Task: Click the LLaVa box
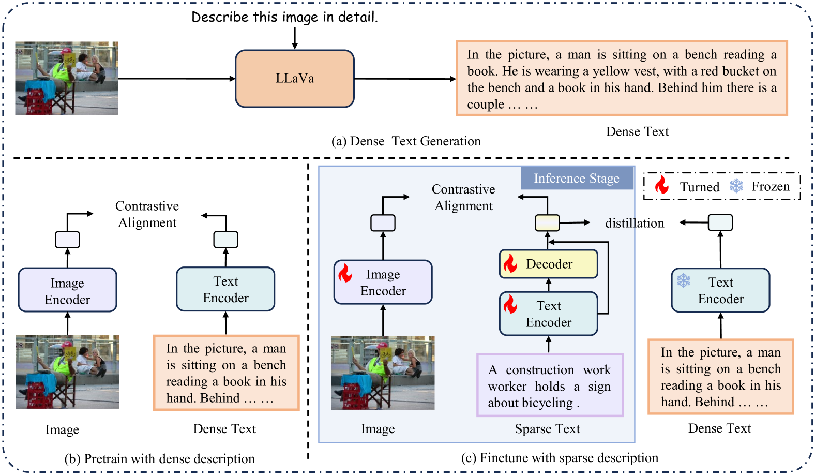click(294, 79)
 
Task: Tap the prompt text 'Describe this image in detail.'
click(284, 17)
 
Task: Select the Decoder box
click(549, 264)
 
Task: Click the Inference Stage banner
click(577, 179)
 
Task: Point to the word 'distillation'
click(635, 223)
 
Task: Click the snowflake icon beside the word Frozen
click(736, 186)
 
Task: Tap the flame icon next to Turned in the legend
click(661, 185)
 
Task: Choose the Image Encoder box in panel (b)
click(67, 290)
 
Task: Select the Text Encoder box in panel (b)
click(225, 289)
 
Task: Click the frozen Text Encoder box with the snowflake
click(720, 290)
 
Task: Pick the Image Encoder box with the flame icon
click(383, 282)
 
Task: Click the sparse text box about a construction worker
click(550, 385)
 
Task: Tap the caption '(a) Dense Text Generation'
click(406, 141)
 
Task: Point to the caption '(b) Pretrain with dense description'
click(159, 459)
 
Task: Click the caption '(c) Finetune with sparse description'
click(560, 458)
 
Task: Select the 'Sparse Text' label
click(547, 429)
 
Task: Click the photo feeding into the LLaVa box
click(67, 78)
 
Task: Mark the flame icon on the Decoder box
click(510, 263)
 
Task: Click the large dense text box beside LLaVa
click(622, 78)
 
